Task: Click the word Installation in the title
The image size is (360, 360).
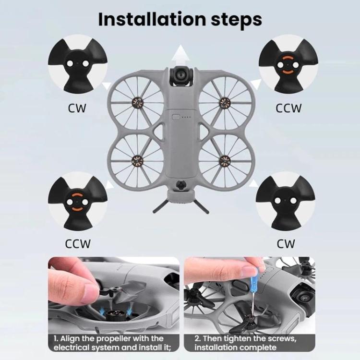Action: click(152, 19)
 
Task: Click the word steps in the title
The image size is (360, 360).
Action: click(237, 21)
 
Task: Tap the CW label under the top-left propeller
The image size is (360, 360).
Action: click(77, 108)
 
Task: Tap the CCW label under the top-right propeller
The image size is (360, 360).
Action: click(288, 108)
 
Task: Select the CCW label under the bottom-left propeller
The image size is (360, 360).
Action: click(78, 244)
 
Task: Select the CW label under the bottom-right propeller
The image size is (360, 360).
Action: click(286, 244)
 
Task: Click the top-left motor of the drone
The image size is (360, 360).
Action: click(138, 101)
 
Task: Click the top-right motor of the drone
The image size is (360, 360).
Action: click(225, 101)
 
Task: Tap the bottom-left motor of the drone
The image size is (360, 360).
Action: click(138, 159)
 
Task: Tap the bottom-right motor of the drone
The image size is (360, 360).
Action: click(225, 159)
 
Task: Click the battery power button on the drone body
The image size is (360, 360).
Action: click(176, 117)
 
